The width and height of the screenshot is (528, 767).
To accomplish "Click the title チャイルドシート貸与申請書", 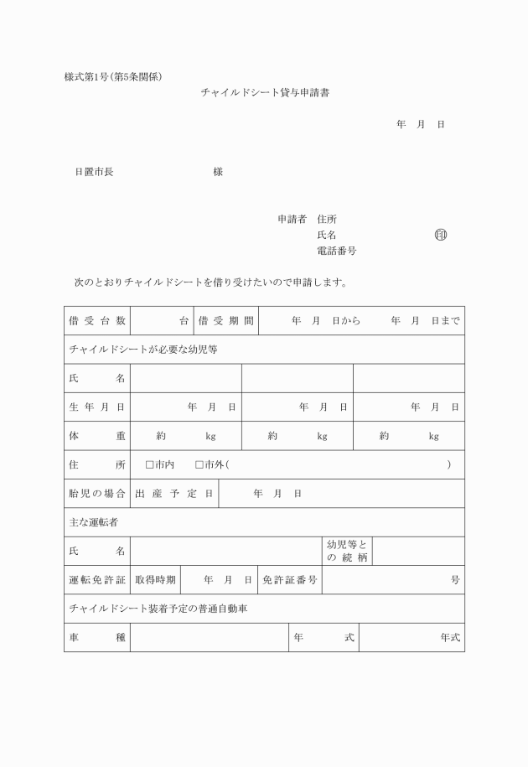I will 265,94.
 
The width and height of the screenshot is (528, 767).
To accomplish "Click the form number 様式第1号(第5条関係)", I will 113,77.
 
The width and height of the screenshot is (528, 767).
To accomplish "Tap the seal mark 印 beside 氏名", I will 441,235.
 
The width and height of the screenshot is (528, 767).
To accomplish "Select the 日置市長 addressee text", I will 94,172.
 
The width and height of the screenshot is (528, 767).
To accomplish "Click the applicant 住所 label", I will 327,220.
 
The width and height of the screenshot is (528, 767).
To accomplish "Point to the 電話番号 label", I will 336,251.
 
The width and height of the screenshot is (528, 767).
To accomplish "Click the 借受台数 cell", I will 97,321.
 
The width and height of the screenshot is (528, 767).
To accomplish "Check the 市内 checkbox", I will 150,464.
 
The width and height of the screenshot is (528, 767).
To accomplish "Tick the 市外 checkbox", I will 199,464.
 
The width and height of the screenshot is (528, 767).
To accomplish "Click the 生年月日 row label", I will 97,407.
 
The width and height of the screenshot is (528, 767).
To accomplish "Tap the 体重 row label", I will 97,436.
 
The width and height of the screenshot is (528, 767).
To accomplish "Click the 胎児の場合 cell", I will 97,494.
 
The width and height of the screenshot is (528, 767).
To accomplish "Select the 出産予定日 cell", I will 174,494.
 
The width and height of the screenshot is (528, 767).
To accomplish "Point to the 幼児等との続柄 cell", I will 347,551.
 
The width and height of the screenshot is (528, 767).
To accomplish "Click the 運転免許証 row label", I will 97,580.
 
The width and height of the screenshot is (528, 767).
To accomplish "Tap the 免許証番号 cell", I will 290,580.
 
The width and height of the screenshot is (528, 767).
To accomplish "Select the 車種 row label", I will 97,638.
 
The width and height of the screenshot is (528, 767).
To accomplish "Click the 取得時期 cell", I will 156,580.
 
